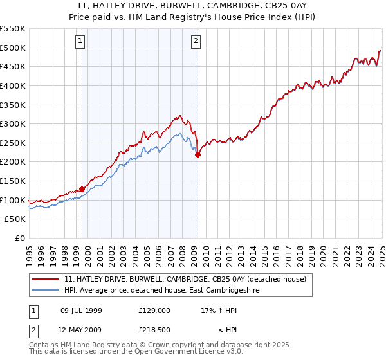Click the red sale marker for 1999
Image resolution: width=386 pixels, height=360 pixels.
(x=82, y=189)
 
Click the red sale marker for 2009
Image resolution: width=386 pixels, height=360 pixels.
(x=198, y=154)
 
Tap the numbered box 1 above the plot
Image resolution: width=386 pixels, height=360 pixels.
(x=80, y=42)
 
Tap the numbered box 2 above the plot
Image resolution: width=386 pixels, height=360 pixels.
(x=195, y=42)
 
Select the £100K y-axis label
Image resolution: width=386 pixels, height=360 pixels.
(x=14, y=200)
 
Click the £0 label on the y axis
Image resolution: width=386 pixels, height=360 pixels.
(x=19, y=238)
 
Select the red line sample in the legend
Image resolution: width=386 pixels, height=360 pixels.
(x=46, y=279)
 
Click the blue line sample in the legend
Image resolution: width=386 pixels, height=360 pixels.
(x=46, y=290)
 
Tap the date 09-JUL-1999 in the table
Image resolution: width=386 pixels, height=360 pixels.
(x=81, y=310)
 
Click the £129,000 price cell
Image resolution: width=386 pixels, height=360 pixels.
(x=154, y=310)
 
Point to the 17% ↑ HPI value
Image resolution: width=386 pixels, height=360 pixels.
(x=219, y=310)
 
